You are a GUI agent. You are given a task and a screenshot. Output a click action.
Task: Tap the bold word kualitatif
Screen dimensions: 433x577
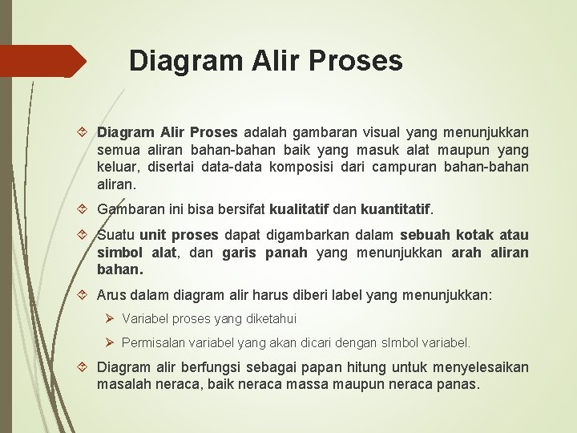coord(299,209)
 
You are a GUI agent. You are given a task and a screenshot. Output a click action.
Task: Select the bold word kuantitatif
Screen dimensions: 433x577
coord(396,209)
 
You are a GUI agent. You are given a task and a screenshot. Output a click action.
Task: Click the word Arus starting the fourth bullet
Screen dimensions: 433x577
coord(113,296)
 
